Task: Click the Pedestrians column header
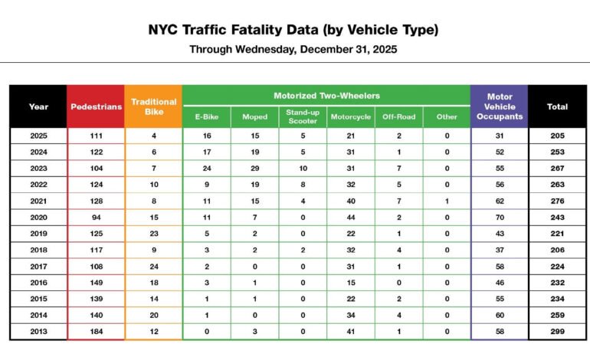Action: coord(96,106)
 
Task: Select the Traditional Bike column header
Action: coord(153,106)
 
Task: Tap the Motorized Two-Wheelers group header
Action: coord(326,96)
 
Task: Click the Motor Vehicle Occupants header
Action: coord(499,106)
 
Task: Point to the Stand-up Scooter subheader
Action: coord(302,117)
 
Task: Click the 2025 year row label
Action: coord(38,136)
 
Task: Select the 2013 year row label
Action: coord(38,332)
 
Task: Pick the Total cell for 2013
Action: coord(557,332)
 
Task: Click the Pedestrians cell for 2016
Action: coord(96,283)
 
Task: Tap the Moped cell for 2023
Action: coord(254,169)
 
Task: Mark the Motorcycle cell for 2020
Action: coord(350,218)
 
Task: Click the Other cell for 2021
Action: coord(446,201)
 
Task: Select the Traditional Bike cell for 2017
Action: coord(153,267)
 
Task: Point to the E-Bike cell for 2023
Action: coord(207,169)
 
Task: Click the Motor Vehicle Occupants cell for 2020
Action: coord(499,218)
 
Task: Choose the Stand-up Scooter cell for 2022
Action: coord(302,185)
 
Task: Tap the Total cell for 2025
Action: coord(557,136)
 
